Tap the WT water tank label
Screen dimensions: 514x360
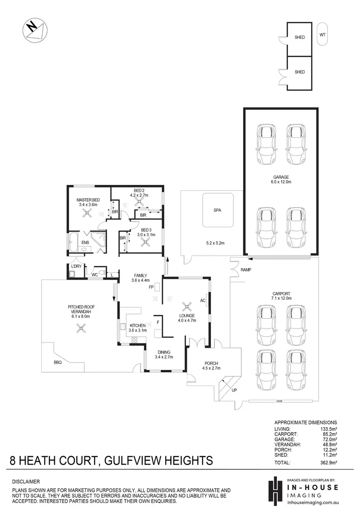click(x=323, y=35)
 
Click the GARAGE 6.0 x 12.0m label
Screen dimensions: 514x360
click(x=281, y=179)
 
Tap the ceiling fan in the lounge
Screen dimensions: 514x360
click(x=186, y=306)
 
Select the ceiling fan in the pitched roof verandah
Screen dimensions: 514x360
click(x=80, y=328)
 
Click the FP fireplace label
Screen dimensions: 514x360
click(x=151, y=287)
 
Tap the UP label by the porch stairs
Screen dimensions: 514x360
click(x=234, y=390)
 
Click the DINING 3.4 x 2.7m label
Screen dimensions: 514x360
click(x=163, y=354)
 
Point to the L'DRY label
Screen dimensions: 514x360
click(x=75, y=266)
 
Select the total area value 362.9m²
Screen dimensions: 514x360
click(x=328, y=463)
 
